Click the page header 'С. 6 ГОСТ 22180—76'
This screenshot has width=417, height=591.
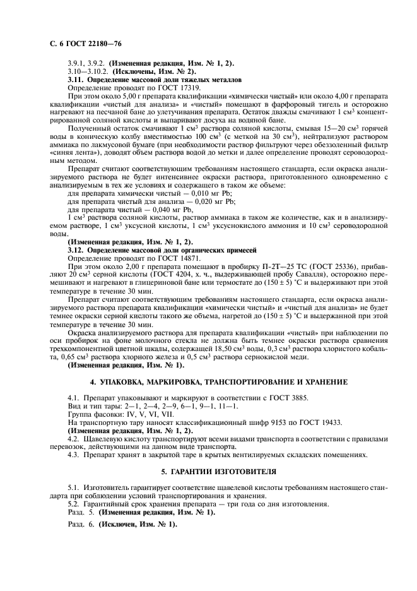pyautogui.click(x=79, y=43)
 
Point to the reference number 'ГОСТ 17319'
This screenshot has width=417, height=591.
pyautogui.click(x=178, y=89)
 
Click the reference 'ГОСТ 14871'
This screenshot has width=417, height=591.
pyautogui.click(x=178, y=258)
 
